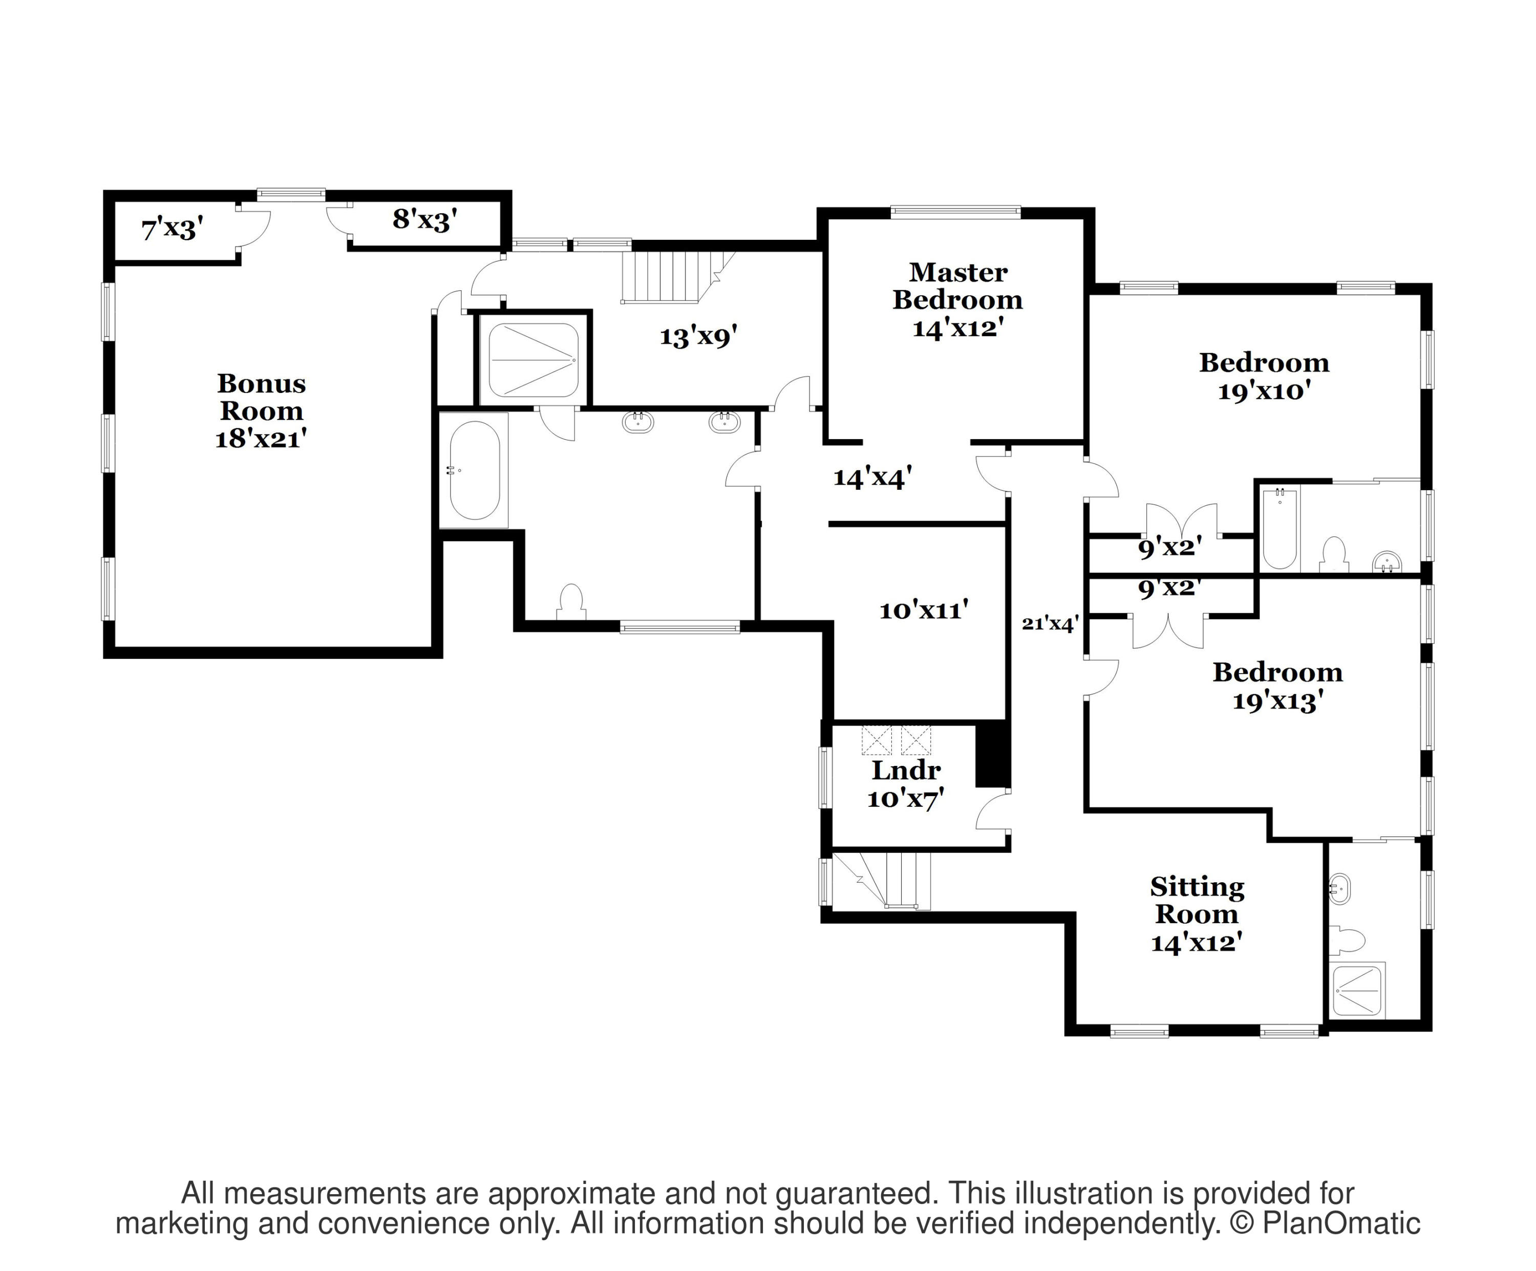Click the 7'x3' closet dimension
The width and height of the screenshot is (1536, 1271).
pos(172,229)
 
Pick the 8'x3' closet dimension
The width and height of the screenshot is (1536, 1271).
pos(425,219)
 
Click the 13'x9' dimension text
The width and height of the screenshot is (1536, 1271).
pos(698,337)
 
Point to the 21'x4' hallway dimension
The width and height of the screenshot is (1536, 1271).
pos(1050,623)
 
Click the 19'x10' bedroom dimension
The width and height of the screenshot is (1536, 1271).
pos(1263,391)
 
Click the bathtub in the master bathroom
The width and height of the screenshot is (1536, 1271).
pos(474,470)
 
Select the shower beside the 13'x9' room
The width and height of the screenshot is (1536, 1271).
pos(533,360)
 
